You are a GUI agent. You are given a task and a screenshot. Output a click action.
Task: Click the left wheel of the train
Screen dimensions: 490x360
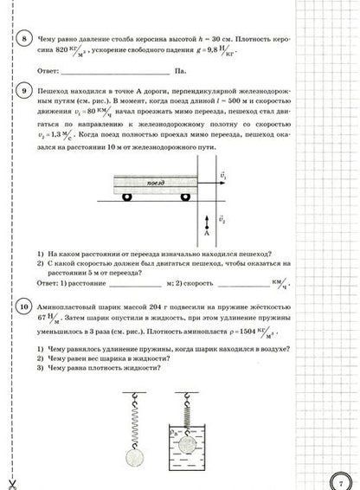[x=126, y=197]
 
